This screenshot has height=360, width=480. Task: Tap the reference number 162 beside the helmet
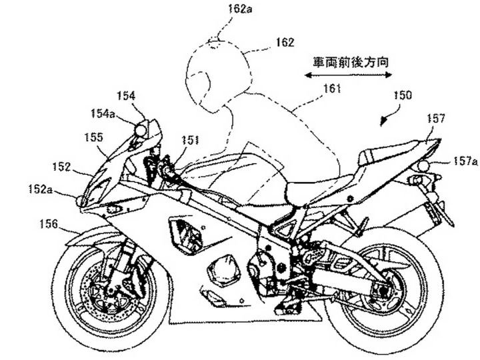pos(285,42)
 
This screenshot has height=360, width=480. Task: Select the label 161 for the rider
pos(332,88)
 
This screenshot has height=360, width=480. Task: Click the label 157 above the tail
pos(435,119)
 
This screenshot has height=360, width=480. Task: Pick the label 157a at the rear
pos(465,161)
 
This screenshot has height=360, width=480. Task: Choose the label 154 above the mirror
pos(126,95)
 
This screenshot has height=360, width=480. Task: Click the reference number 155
pos(93,137)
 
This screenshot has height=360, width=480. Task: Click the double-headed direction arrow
pos(349,76)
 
